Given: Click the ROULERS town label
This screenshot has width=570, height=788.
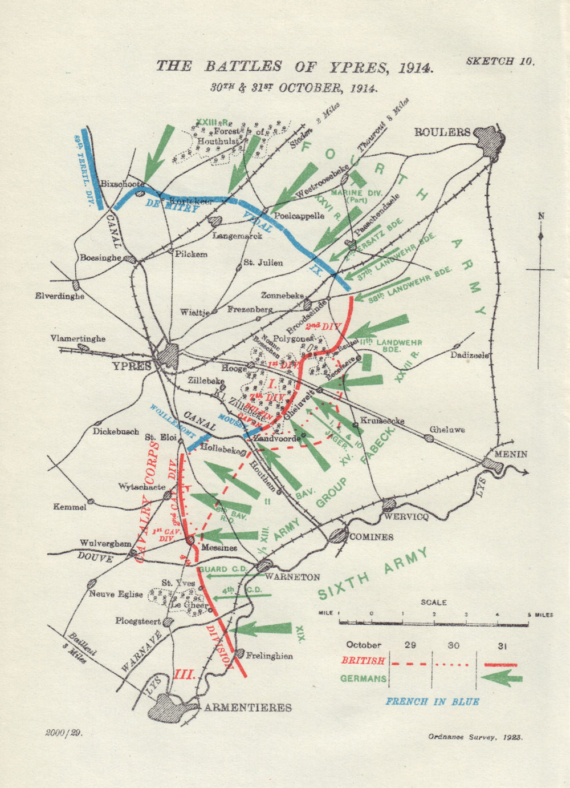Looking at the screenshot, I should pyautogui.click(x=442, y=132).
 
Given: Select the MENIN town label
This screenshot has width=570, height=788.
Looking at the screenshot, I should pyautogui.click(x=511, y=455).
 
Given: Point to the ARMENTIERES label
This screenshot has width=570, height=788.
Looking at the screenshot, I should pyautogui.click(x=248, y=708).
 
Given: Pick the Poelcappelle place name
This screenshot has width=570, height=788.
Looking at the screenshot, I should pyautogui.click(x=299, y=216).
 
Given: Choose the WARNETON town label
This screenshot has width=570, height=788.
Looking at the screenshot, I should pyautogui.click(x=295, y=577).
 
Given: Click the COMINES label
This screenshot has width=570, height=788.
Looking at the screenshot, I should pyautogui.click(x=371, y=537).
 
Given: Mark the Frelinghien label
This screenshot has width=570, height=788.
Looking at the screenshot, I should pyautogui.click(x=270, y=656).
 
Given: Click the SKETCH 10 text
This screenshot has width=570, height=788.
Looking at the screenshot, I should pyautogui.click(x=500, y=62).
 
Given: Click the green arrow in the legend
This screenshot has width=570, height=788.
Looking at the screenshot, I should pyautogui.click(x=502, y=678).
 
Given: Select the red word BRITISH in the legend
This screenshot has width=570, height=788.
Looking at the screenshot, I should pyautogui.click(x=363, y=661).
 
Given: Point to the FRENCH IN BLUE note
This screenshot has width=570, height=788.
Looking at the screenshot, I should pyautogui.click(x=432, y=702).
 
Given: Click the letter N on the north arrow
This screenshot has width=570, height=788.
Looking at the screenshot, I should pyautogui.click(x=541, y=216).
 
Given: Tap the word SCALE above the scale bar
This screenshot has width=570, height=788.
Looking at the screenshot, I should pyautogui.click(x=434, y=603).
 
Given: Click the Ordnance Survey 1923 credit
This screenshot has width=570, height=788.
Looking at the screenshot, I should pyautogui.click(x=475, y=737).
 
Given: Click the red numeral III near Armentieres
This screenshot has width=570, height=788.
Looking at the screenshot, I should pyautogui.click(x=185, y=674).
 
